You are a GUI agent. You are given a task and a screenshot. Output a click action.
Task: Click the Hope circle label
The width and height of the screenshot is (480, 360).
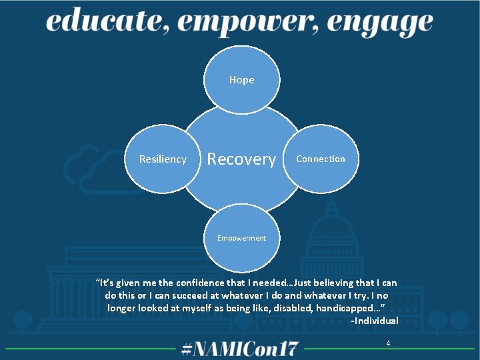tap(241, 79)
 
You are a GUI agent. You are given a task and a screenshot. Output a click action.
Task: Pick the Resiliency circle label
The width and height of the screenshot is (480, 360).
tap(163, 159)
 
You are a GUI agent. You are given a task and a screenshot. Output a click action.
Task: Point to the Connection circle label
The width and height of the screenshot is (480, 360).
tap(321, 159)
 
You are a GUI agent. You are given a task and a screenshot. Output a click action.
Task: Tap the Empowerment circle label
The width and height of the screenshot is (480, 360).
tap(241, 238)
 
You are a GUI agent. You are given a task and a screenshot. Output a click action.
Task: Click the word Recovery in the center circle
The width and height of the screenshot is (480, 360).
tap(241, 159)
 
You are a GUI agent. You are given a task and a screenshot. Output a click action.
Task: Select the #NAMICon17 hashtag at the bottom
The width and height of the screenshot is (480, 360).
tap(241, 348)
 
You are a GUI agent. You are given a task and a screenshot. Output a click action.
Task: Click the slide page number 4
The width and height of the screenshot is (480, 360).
tap(388, 343)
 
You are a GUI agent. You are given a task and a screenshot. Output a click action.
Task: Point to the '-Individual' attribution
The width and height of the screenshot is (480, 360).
tap(375, 321)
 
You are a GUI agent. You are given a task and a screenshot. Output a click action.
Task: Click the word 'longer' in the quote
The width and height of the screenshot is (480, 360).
tap(123, 308)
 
